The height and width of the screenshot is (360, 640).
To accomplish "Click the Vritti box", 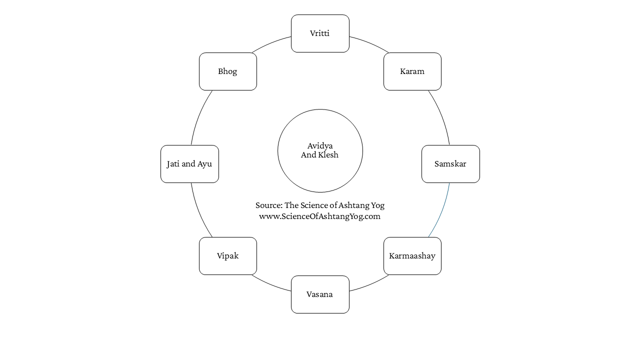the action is pyautogui.click(x=320, y=33).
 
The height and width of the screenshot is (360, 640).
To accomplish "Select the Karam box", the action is pyautogui.click(x=412, y=71).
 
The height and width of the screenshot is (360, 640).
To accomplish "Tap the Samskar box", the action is pyautogui.click(x=450, y=164).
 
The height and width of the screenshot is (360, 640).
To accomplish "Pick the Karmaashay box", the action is pyautogui.click(x=412, y=256).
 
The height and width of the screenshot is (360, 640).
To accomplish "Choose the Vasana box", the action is pyautogui.click(x=320, y=294).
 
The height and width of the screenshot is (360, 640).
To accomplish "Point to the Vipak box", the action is pyautogui.click(x=227, y=256).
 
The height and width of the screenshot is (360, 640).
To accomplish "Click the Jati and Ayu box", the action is pyautogui.click(x=189, y=164).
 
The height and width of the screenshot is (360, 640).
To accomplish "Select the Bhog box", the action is pyautogui.click(x=227, y=71).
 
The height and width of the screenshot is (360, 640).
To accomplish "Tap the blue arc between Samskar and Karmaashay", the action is pyautogui.click(x=441, y=211).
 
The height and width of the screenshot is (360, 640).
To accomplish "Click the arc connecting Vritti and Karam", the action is pyautogui.click(x=369, y=43).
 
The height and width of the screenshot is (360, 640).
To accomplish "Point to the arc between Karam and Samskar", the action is pyautogui.click(x=441, y=116).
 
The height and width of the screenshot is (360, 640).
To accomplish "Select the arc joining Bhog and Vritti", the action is pyautogui.click(x=270, y=43).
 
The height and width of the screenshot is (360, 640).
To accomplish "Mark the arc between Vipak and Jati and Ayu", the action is pyautogui.click(x=199, y=211).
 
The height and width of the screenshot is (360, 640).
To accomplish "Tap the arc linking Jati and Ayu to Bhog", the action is pyautogui.click(x=199, y=116).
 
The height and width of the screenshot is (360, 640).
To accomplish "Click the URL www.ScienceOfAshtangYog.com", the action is pyautogui.click(x=319, y=216).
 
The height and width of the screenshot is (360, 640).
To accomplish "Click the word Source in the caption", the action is pyautogui.click(x=269, y=205).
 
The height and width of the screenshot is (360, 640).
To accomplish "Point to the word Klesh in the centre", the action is pyautogui.click(x=328, y=155).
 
